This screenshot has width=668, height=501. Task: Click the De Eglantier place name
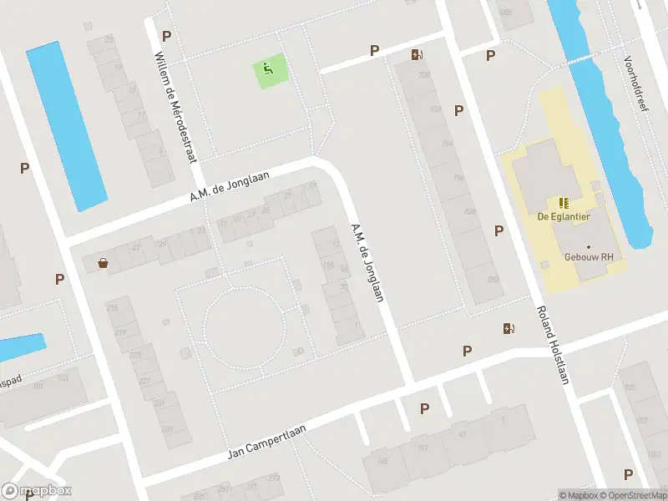(564, 217)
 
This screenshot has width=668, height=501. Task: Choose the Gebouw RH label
(583, 258)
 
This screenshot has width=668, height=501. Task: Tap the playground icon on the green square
(268, 69)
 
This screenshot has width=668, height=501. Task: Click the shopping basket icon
(103, 263)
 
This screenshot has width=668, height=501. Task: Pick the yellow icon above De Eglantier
(564, 202)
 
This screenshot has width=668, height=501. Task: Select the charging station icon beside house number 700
(416, 56)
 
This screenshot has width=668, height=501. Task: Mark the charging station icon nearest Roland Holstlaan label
(508, 328)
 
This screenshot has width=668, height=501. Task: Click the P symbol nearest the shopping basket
(59, 279)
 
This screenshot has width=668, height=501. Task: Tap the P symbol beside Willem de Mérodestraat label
(166, 36)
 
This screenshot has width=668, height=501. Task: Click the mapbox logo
(37, 491)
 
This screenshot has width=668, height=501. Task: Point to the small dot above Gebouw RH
(588, 247)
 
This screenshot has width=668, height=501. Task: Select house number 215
(112, 309)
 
